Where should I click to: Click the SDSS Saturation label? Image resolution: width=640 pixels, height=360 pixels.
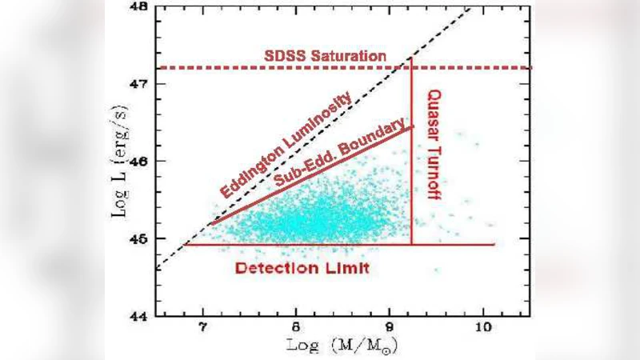[325, 57]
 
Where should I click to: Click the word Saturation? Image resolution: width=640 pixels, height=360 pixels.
[350, 57]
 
